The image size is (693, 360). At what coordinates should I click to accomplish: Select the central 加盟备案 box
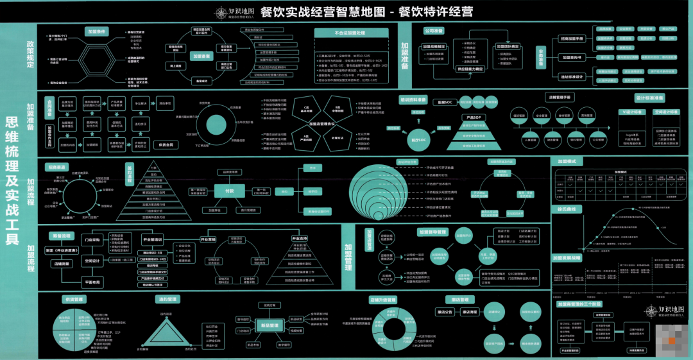(202, 56)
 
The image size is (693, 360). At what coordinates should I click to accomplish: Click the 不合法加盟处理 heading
(350, 32)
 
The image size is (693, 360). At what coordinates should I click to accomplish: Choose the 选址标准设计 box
(572, 77)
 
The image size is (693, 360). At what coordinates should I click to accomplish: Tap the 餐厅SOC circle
(418, 139)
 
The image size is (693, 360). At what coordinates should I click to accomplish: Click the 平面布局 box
(90, 282)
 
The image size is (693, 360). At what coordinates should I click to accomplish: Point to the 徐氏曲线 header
(567, 209)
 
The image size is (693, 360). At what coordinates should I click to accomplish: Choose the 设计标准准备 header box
(649, 99)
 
